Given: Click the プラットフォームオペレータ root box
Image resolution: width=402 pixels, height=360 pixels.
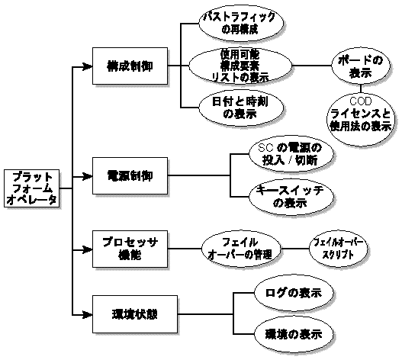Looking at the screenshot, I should (30, 188).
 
